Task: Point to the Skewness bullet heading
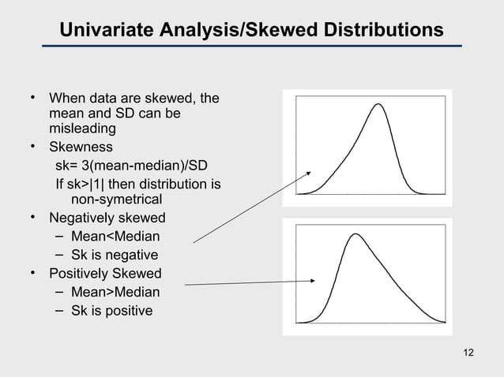coord(81,147)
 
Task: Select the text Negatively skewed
coord(107,218)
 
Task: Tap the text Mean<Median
coord(115,237)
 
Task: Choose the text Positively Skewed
coord(105,274)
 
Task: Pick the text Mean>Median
coord(115,293)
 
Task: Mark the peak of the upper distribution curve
coord(378,105)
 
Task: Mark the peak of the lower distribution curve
coord(357,234)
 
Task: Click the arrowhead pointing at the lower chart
coord(315,280)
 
